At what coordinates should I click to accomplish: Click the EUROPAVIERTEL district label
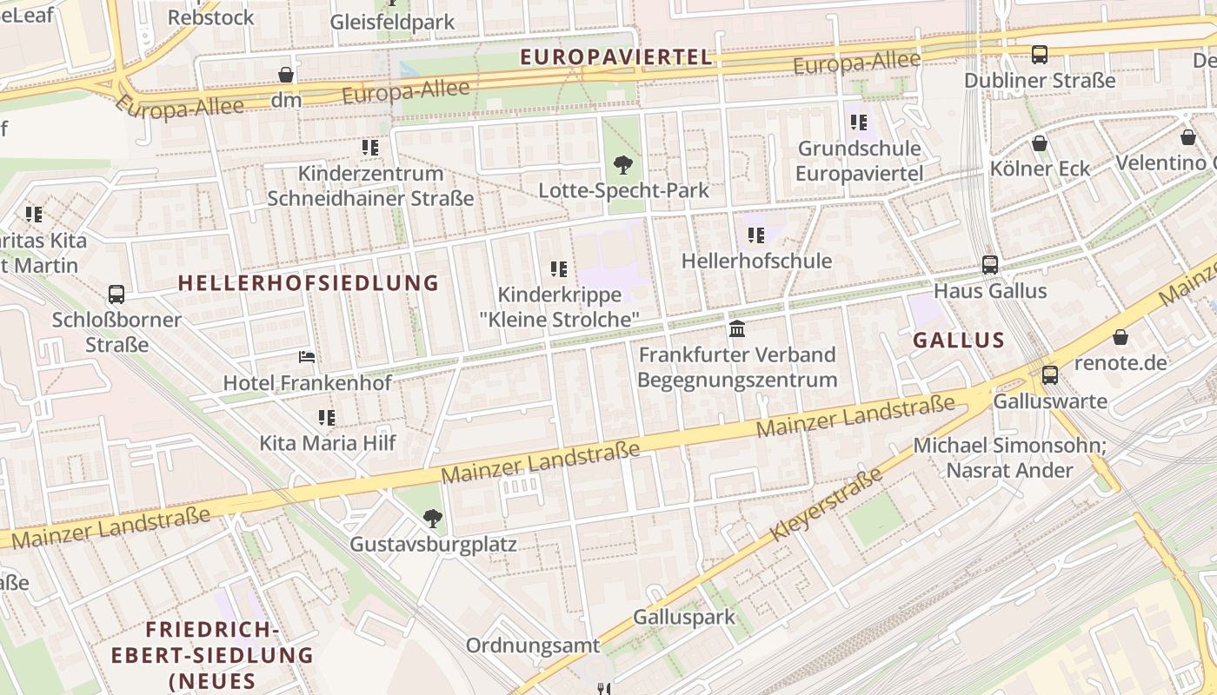(x=615, y=57)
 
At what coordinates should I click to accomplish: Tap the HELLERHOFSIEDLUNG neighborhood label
(x=309, y=282)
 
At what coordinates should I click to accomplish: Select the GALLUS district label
(x=959, y=341)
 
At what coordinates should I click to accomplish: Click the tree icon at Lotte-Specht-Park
(x=622, y=164)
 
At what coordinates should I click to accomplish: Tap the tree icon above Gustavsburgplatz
(x=432, y=519)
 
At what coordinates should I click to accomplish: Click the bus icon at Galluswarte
(x=1050, y=375)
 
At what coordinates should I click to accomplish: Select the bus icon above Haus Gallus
(x=989, y=264)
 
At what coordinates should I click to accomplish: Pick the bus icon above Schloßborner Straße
(x=116, y=295)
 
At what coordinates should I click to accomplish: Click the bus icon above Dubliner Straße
(x=1039, y=55)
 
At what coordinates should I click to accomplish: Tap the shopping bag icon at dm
(x=285, y=75)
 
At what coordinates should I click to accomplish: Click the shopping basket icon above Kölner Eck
(x=1039, y=143)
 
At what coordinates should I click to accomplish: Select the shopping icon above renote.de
(x=1121, y=337)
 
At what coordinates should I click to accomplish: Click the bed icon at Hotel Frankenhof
(x=307, y=357)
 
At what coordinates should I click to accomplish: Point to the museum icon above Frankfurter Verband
(x=737, y=328)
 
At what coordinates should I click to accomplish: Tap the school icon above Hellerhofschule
(x=756, y=235)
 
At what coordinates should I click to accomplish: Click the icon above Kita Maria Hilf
(x=327, y=417)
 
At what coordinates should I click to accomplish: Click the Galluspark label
(x=684, y=618)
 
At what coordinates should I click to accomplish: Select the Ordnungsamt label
(x=533, y=645)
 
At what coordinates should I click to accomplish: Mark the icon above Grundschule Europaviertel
(x=858, y=122)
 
